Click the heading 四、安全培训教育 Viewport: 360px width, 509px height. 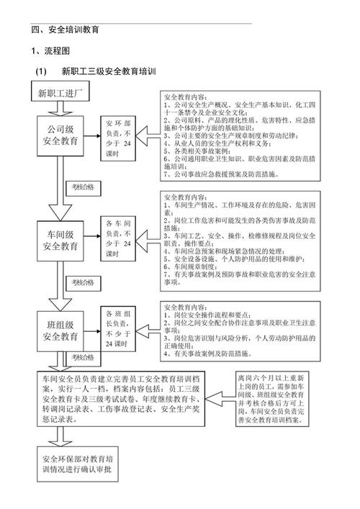[65, 30]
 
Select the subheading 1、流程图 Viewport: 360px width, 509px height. [50, 51]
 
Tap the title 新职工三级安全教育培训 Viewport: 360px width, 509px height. [108, 72]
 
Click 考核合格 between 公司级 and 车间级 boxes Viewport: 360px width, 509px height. [86, 187]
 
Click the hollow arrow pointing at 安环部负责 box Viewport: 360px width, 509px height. [148, 135]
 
